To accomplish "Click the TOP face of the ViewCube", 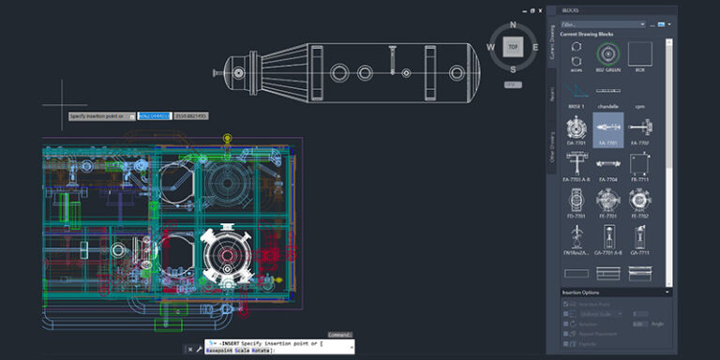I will (512, 46).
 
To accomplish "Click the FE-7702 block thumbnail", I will (639, 200).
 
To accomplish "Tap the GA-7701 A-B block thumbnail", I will (607, 236).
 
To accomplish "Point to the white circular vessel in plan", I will (224, 254).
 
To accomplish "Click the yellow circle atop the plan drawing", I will (226, 138).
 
